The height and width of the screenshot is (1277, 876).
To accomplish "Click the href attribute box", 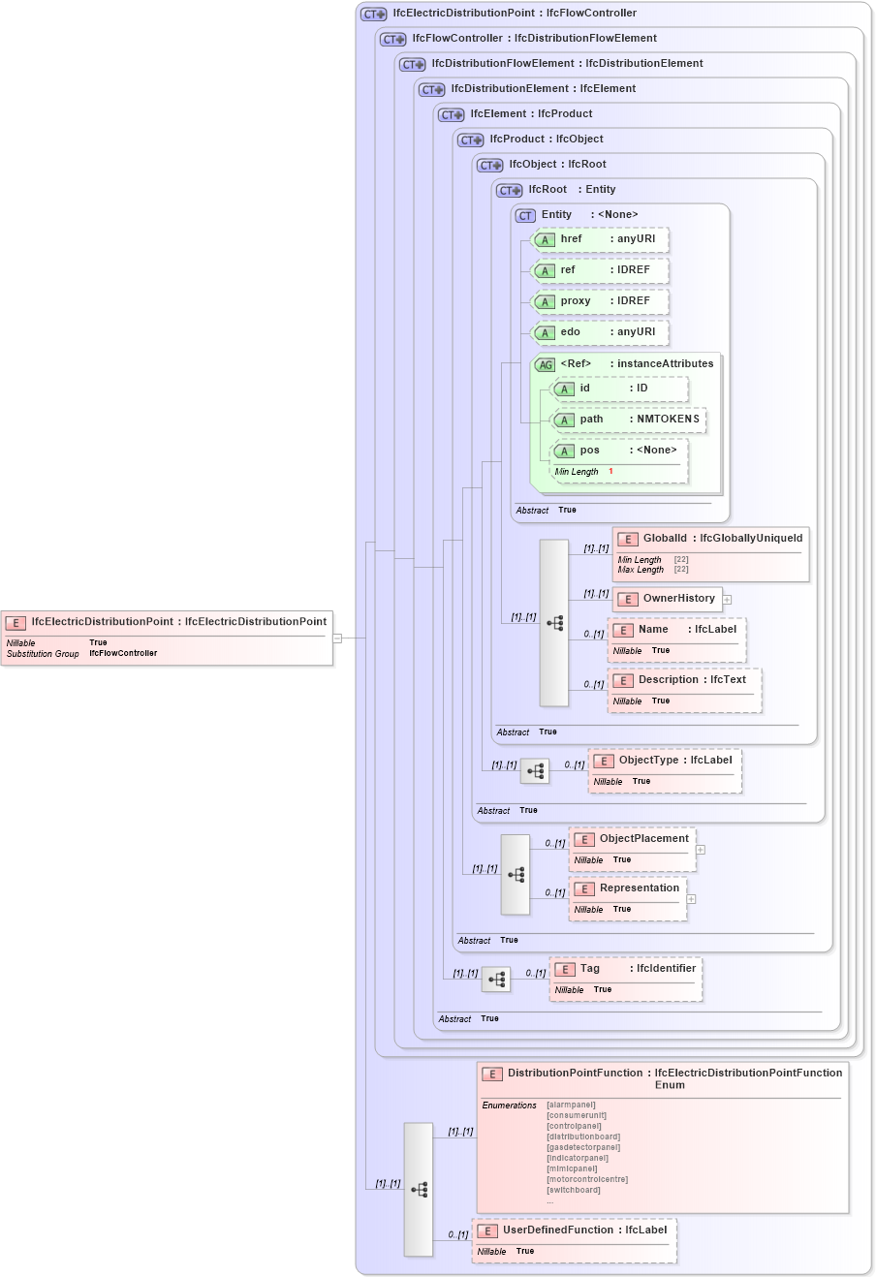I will pyautogui.click(x=601, y=239).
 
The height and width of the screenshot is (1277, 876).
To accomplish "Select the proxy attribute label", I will pyautogui.click(x=576, y=301).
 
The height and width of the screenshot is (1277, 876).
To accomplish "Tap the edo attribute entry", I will pyautogui.click(x=601, y=332).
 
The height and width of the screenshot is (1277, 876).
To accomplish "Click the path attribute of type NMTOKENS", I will pyautogui.click(x=628, y=420).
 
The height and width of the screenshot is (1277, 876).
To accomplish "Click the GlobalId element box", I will pyautogui.click(x=710, y=553).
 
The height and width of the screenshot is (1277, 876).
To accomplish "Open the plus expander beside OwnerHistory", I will pyautogui.click(x=727, y=600).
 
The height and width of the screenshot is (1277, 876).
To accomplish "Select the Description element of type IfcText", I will pyautogui.click(x=684, y=689).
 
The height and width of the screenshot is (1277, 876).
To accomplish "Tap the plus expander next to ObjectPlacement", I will pyautogui.click(x=701, y=850).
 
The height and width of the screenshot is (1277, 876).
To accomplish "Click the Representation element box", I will pyautogui.click(x=628, y=897).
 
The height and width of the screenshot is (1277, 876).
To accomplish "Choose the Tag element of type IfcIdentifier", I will pyautogui.click(x=626, y=977).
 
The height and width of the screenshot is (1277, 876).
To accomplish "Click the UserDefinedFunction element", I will pyautogui.click(x=575, y=1239).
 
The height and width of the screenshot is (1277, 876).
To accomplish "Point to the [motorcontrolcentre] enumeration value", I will pyautogui.click(x=587, y=1179).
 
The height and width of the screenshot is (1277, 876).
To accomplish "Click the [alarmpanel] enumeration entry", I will pyautogui.click(x=571, y=1105).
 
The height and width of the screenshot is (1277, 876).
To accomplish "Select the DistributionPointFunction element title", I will pyautogui.click(x=576, y=1074).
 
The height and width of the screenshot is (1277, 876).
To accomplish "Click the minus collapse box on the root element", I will pyautogui.click(x=337, y=638).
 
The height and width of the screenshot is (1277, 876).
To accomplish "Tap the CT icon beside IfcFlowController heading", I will pyautogui.click(x=392, y=40).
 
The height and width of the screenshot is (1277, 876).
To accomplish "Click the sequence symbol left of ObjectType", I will pyautogui.click(x=535, y=771).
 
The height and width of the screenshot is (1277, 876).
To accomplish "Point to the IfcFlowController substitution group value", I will pyautogui.click(x=123, y=654).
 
